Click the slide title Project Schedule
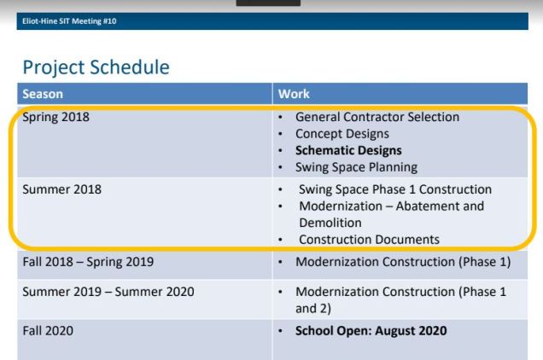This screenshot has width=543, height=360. click(x=96, y=65)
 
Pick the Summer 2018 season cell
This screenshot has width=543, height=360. click(x=62, y=189)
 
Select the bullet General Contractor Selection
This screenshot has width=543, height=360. click(x=377, y=118)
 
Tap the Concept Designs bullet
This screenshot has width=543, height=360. click(x=342, y=134)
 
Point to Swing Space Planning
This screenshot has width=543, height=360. click(x=357, y=167)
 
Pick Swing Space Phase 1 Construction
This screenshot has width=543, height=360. click(x=394, y=189)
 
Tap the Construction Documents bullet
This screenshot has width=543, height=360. click(x=369, y=240)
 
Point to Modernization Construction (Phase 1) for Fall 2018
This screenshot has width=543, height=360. click(x=402, y=260)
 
